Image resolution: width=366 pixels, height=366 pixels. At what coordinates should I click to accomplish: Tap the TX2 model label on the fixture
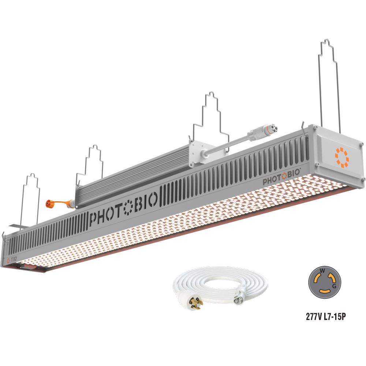tap(14, 259)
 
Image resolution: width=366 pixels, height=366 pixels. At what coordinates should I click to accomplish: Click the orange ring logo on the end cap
tap(341, 157)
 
